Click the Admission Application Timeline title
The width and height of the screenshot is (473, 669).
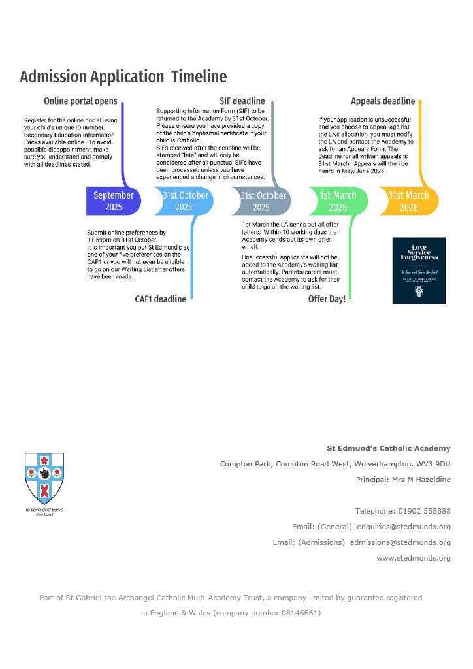(x=123, y=77)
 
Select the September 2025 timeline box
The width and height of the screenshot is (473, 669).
(x=114, y=201)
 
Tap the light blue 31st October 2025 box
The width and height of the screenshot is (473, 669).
(x=185, y=201)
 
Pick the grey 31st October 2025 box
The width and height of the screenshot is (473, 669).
(x=262, y=201)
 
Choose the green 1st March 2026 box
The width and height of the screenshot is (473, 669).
(x=338, y=201)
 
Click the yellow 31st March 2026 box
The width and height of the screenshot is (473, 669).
(x=409, y=201)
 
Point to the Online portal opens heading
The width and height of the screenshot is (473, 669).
(x=80, y=101)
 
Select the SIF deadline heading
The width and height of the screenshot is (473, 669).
(x=242, y=101)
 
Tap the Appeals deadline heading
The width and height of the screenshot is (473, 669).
(x=383, y=101)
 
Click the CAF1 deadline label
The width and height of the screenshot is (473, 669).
(x=160, y=299)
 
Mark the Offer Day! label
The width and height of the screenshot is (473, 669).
(x=327, y=299)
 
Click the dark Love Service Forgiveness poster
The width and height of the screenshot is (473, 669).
(x=419, y=270)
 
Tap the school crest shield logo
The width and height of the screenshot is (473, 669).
(x=44, y=478)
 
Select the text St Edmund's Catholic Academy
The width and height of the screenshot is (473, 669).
(x=389, y=448)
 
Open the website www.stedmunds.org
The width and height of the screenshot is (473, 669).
(x=414, y=558)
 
